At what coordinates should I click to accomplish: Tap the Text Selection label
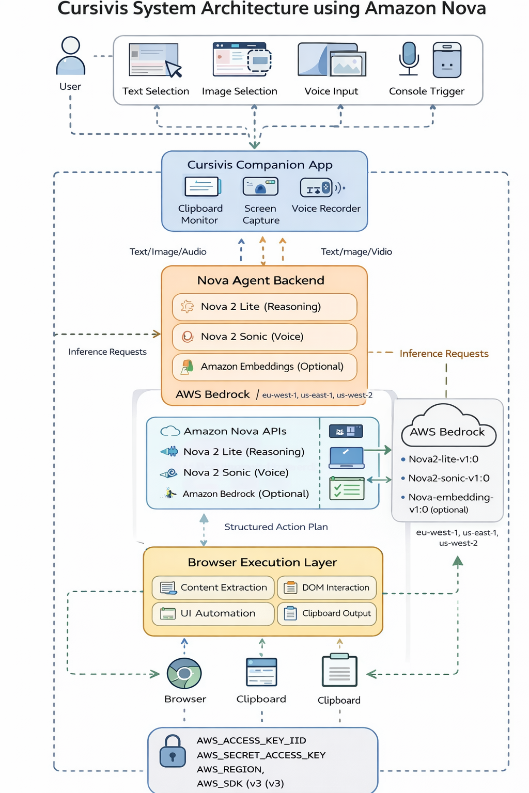pyautogui.click(x=155, y=91)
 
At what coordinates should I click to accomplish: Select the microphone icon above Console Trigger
pyautogui.click(x=409, y=58)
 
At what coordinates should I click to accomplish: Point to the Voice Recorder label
pyautogui.click(x=326, y=209)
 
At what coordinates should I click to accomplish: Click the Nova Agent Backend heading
pyautogui.click(x=261, y=280)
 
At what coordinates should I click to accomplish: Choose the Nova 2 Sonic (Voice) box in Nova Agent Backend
pyautogui.click(x=264, y=337)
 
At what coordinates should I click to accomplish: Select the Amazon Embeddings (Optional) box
pyautogui.click(x=264, y=367)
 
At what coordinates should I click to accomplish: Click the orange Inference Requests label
pyautogui.click(x=444, y=354)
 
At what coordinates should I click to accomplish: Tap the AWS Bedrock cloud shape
pyautogui.click(x=447, y=426)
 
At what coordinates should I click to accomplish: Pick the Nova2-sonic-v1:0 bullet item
pyautogui.click(x=448, y=478)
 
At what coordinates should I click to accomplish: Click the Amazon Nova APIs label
pyautogui.click(x=235, y=431)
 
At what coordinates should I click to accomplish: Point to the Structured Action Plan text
pyautogui.click(x=276, y=527)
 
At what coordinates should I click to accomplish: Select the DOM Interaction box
pyautogui.click(x=327, y=588)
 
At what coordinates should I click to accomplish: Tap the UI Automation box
pyautogui.click(x=213, y=613)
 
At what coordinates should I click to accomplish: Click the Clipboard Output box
pyautogui.click(x=327, y=613)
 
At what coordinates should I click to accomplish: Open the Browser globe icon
pyautogui.click(x=184, y=673)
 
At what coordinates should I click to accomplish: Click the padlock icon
pyautogui.click(x=173, y=751)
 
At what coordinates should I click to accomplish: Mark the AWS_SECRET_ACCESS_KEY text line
pyautogui.click(x=261, y=755)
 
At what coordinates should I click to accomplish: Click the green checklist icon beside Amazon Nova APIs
pyautogui.click(x=347, y=488)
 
